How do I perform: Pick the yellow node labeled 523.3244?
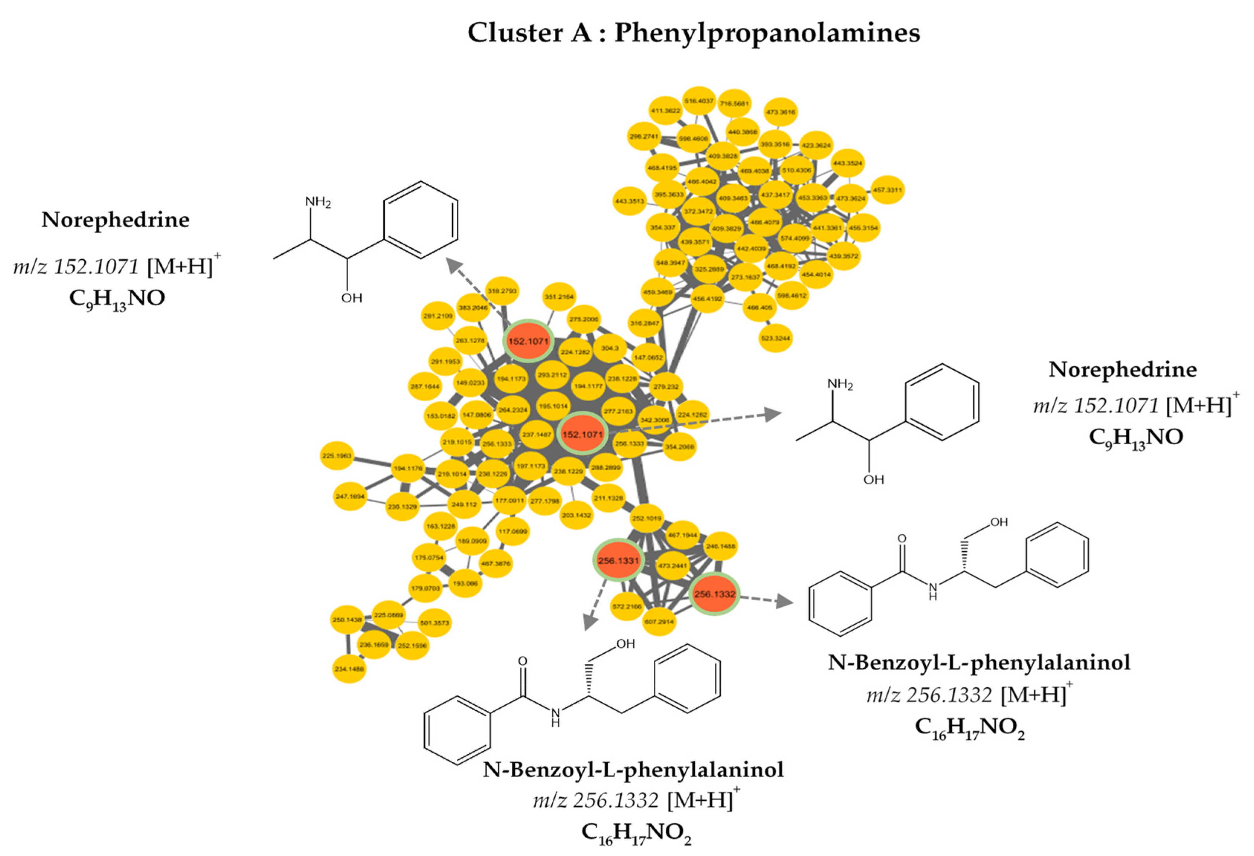775,338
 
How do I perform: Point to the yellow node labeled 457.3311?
887,190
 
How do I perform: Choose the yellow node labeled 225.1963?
337,456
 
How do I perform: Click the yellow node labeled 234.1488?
349,669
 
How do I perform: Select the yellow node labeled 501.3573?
434,623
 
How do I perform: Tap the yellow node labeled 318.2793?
502,291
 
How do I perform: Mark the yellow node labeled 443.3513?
629,201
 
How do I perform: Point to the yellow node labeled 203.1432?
576,515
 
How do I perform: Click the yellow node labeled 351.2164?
559,296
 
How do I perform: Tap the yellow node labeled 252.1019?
646,518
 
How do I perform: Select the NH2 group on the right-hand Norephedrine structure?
840,385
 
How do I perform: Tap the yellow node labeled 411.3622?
665,111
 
